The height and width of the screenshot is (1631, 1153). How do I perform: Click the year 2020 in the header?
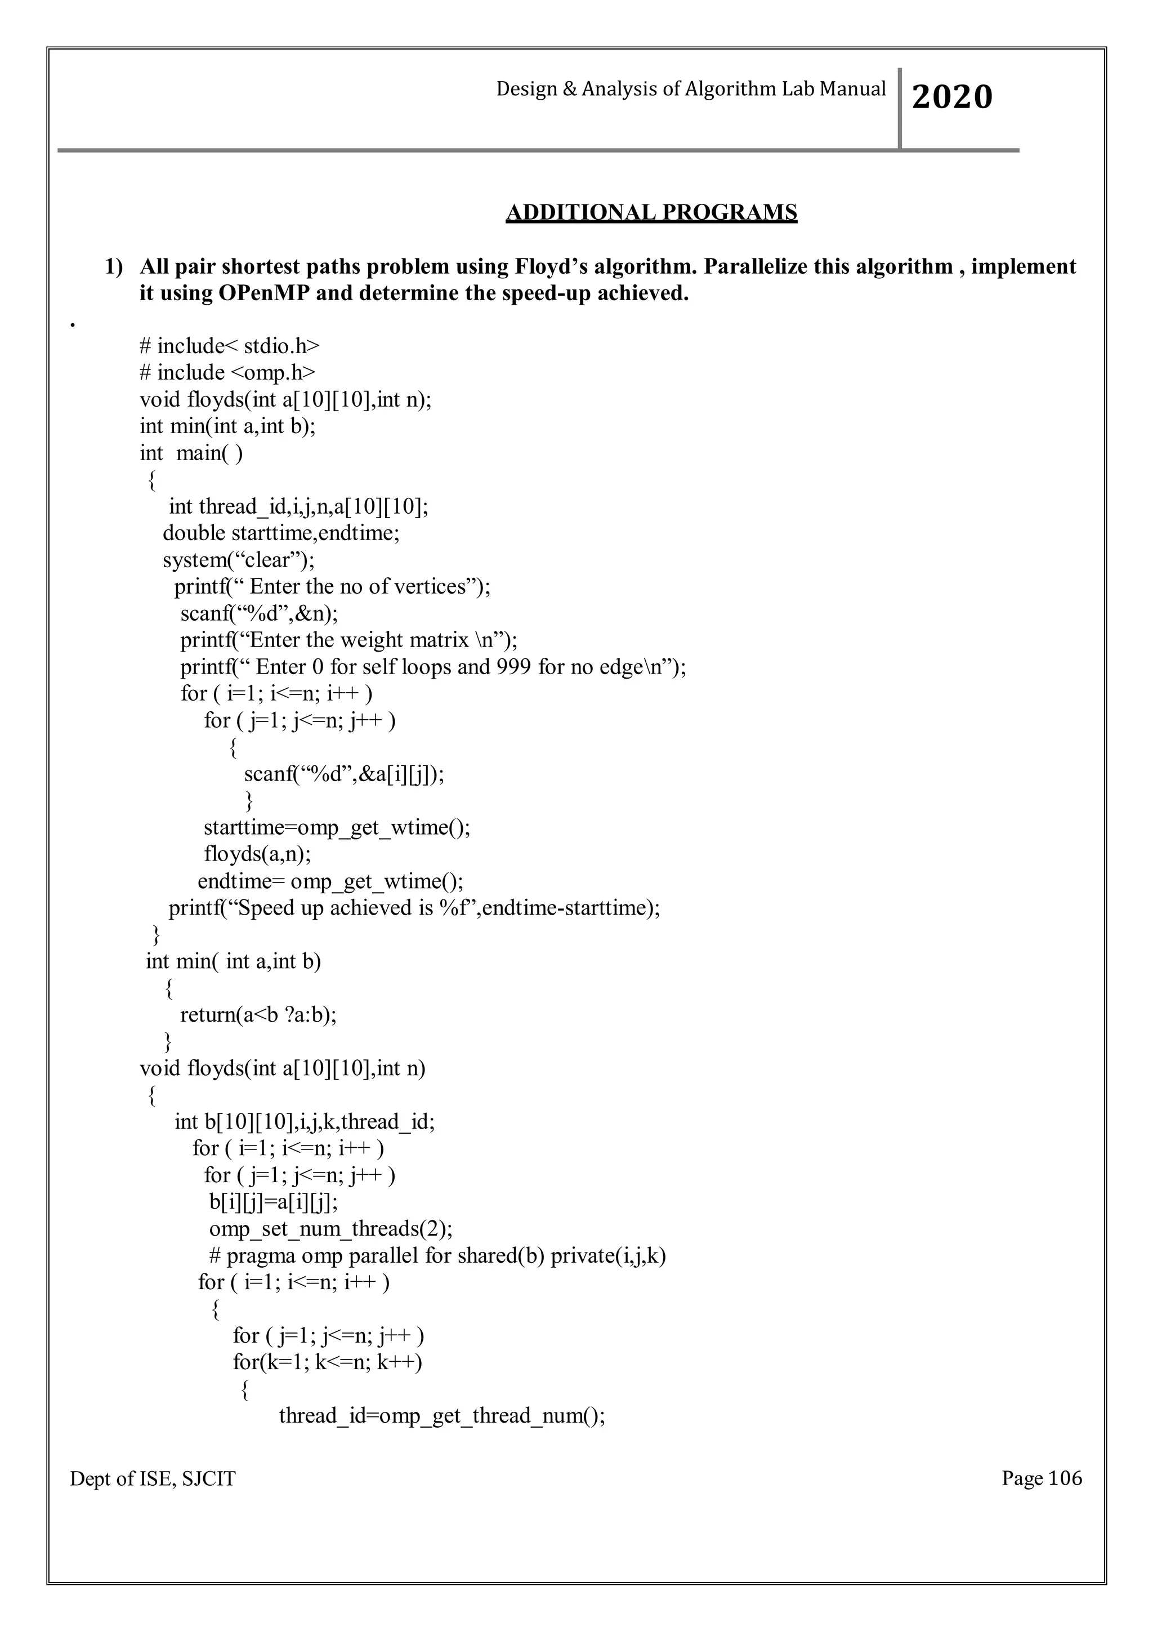951,97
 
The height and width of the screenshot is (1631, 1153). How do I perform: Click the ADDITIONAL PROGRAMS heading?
651,212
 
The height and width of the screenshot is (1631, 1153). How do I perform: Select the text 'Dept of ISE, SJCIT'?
153,1479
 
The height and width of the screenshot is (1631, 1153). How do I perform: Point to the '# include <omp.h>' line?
228,372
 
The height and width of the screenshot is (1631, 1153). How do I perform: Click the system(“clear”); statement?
239,560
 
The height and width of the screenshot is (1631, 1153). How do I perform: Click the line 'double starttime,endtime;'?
281,533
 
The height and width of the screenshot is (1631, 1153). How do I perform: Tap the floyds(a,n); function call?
257,854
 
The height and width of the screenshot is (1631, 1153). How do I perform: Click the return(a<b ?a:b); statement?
258,1014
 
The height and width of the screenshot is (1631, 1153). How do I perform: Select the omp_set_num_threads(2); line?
331,1229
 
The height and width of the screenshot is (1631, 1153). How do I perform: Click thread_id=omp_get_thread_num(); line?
441,1416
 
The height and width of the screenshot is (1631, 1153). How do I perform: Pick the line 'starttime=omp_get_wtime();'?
337,827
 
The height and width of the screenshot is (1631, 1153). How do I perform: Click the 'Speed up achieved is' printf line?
414,908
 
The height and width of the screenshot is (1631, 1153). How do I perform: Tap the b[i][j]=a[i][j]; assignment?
274,1202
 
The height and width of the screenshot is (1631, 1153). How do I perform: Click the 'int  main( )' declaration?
191,452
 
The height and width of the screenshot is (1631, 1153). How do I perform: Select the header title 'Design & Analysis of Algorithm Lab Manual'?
690,89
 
